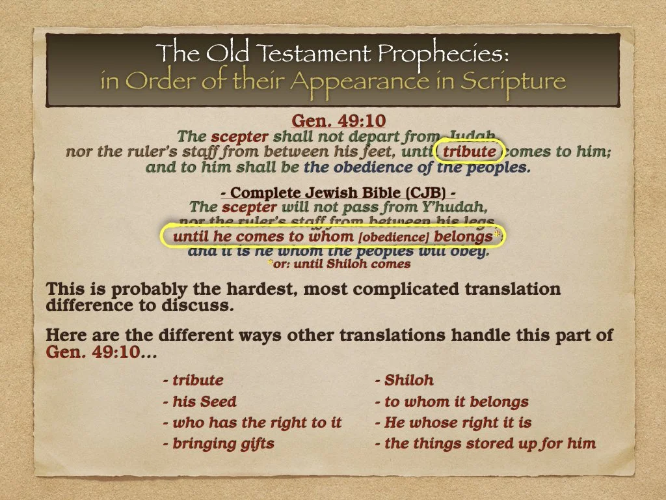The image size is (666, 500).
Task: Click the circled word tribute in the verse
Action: point(470,152)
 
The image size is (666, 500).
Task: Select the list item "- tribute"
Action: point(193,380)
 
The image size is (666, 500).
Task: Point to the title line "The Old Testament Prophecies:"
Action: point(333,53)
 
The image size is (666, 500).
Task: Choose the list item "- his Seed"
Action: point(200,402)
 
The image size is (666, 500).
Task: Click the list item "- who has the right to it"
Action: point(252,423)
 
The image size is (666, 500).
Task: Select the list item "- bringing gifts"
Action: point(219,444)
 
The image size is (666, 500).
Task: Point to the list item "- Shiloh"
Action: point(404,380)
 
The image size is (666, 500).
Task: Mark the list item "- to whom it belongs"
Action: point(451,402)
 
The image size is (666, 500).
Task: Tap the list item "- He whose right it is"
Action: point(453,423)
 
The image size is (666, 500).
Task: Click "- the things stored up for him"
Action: point(485,444)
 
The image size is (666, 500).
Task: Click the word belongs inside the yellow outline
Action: point(463,237)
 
